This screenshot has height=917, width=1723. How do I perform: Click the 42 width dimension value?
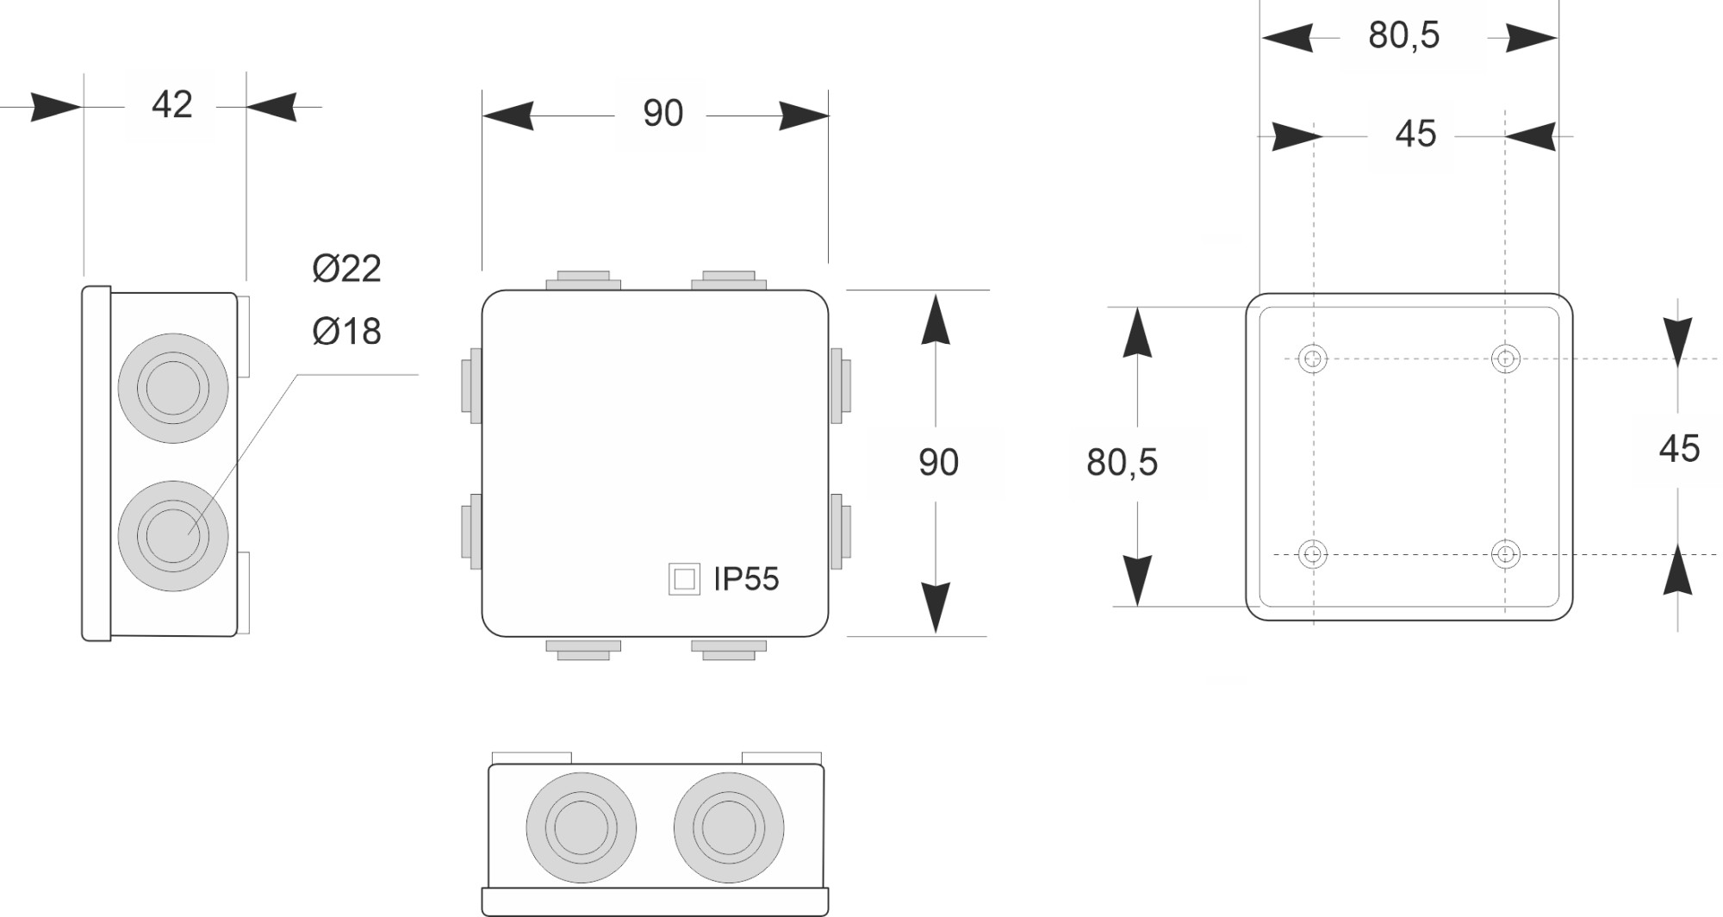click(171, 105)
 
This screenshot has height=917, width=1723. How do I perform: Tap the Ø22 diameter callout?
click(346, 269)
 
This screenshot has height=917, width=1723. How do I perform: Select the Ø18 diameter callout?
click(346, 331)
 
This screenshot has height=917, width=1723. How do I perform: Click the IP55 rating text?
click(746, 579)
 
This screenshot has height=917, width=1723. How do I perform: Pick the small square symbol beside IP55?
click(684, 579)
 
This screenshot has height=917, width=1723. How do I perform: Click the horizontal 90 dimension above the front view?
click(662, 114)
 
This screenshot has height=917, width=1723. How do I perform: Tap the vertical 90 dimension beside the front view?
click(938, 463)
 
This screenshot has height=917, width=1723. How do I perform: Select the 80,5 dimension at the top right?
click(1403, 35)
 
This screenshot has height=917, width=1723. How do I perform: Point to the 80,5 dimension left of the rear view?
click(1122, 463)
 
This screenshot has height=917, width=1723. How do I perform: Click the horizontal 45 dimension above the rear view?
click(1415, 134)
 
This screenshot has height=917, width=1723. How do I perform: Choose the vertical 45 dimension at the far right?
click(1679, 449)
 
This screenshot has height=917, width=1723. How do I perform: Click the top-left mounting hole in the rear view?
click(1312, 359)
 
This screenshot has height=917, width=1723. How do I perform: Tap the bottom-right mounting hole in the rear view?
click(1505, 553)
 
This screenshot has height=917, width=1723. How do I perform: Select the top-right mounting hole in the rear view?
click(1505, 359)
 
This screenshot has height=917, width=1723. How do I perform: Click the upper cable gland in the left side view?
click(173, 388)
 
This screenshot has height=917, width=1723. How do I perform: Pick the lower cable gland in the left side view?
click(173, 536)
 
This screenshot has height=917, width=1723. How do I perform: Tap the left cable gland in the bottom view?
click(582, 827)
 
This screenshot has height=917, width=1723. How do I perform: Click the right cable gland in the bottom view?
click(729, 827)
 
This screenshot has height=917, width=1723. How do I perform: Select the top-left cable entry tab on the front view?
click(583, 281)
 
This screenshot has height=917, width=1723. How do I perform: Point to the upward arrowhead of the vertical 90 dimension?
click(936, 320)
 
